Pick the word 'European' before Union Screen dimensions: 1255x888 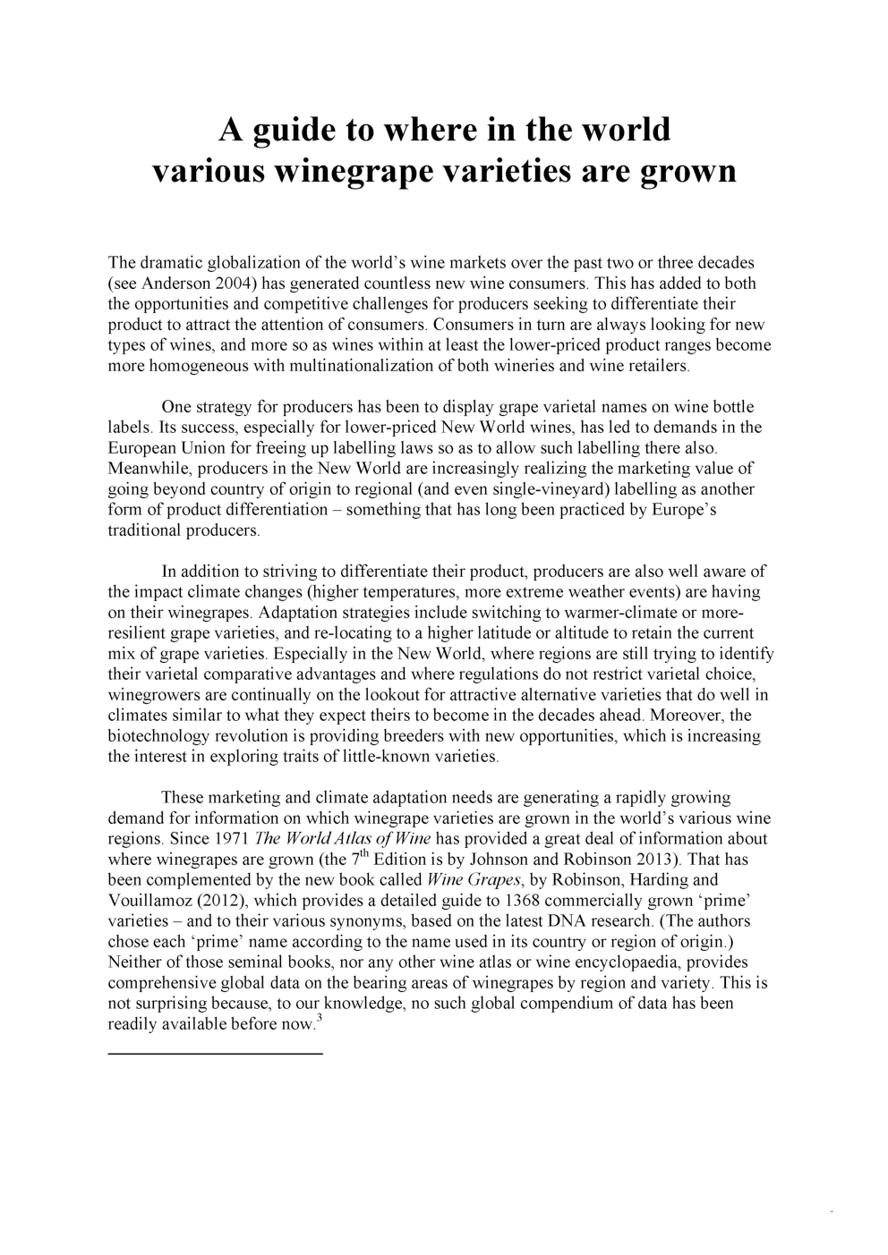coord(140,448)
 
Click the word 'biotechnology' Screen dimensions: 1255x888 coord(157,736)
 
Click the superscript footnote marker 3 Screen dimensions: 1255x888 coord(319,1017)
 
